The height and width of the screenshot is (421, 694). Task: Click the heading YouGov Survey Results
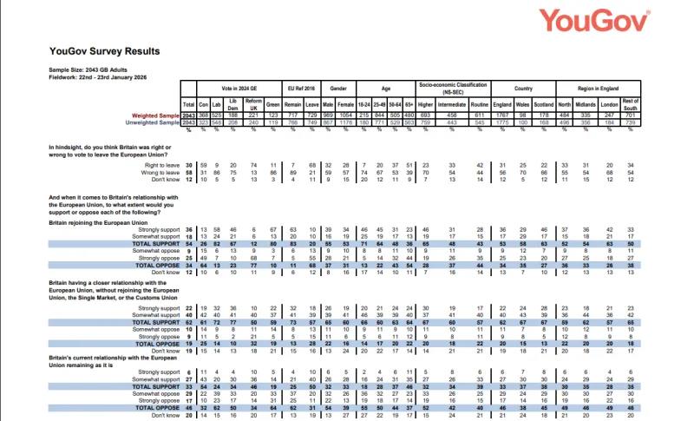(104, 51)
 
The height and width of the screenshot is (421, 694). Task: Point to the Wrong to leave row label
(153, 173)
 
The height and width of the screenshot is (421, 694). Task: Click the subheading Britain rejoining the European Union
(106, 223)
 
